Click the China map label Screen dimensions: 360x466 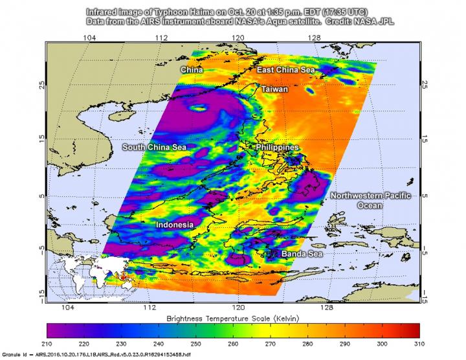[x=192, y=69]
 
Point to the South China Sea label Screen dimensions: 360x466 [x=155, y=148]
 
